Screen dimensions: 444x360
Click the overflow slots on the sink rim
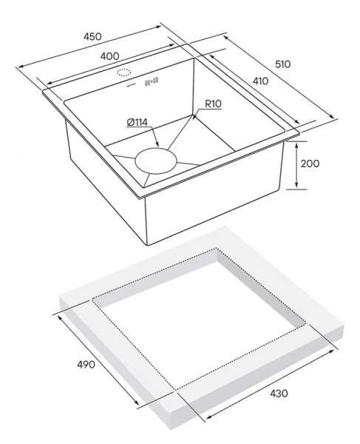(x=152, y=82)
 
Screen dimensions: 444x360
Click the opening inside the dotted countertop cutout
(x=200, y=318)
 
